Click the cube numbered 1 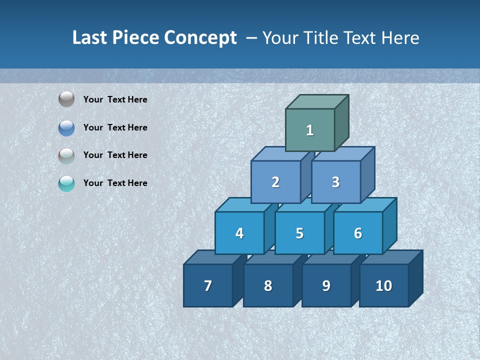310,130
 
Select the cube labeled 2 275,182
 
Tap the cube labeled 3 335,182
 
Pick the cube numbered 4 239,233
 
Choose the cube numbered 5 299,233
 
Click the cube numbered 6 357,233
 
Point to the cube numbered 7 208,285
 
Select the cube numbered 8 268,285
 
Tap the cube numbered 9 326,285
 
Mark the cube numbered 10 383,285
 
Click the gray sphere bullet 66,99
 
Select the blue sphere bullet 66,128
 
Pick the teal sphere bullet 66,183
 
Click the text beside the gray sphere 115,99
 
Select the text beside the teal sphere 115,183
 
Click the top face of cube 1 317,102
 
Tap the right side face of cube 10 416,278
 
